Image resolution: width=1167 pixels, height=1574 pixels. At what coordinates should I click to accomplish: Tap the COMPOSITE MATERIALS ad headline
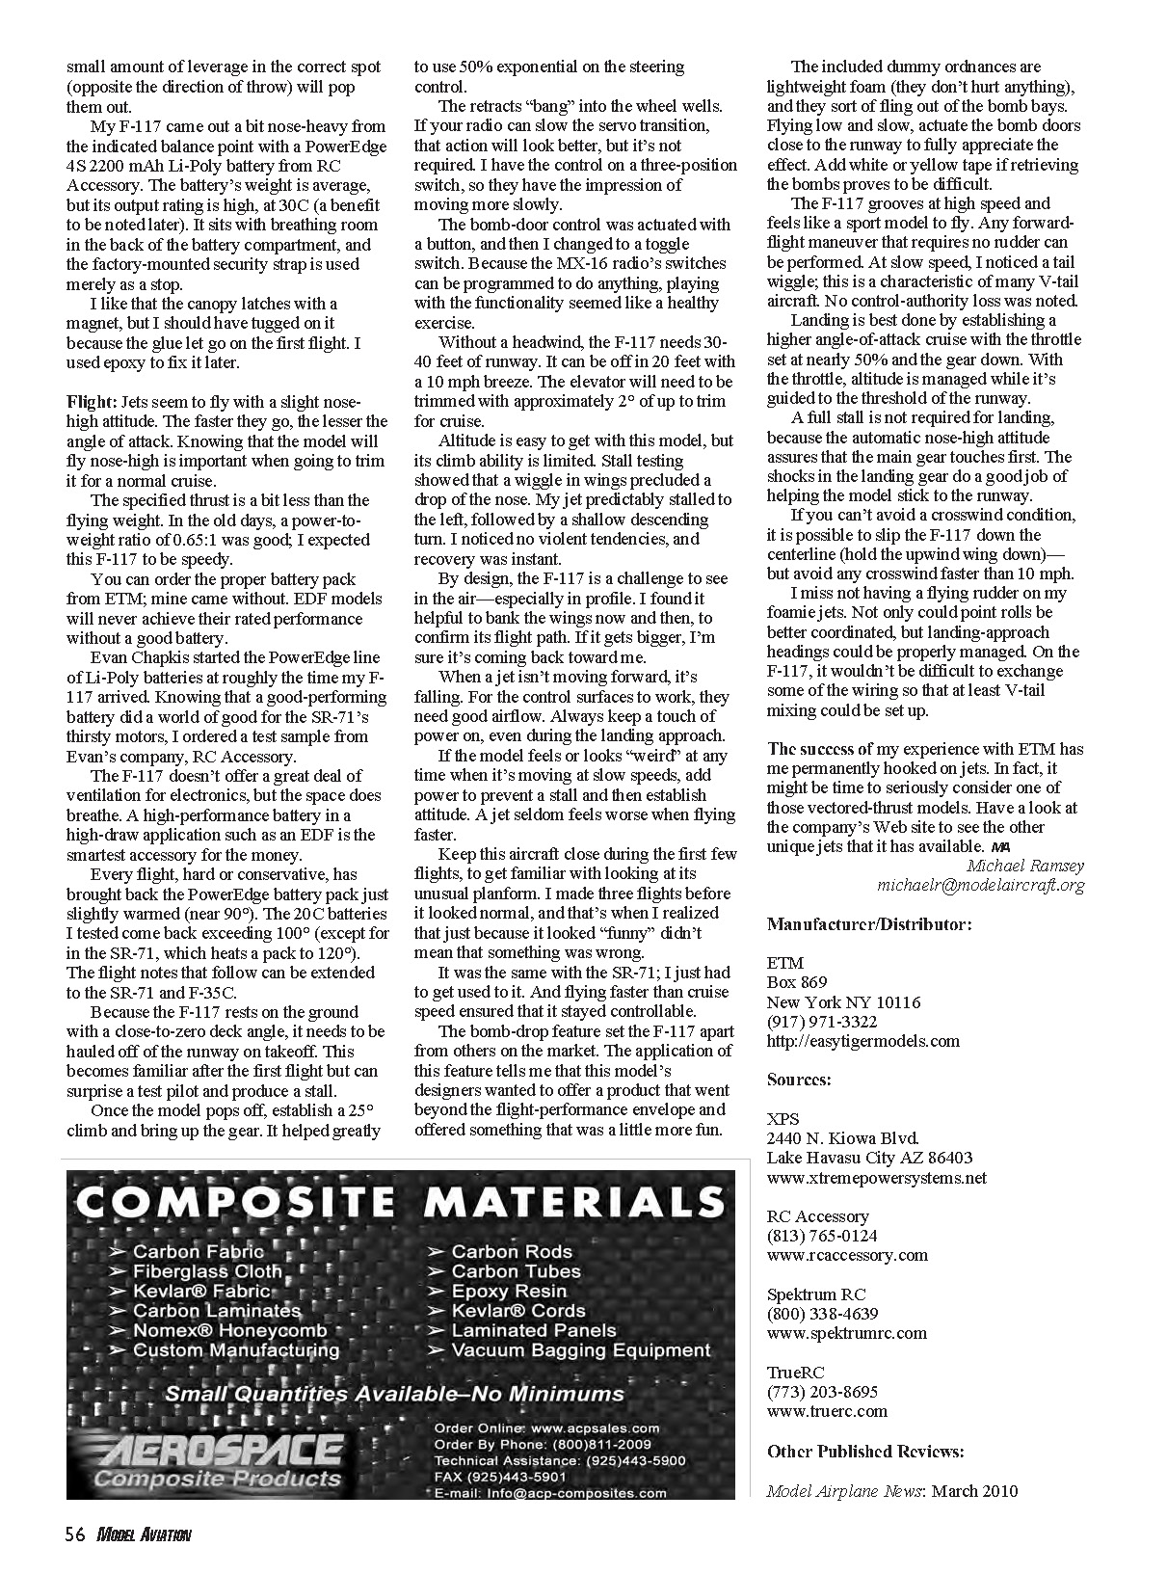(399, 1201)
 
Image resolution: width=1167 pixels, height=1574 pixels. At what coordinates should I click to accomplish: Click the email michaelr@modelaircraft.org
(980, 885)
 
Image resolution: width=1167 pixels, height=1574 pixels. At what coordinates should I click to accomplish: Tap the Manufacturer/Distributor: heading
(869, 924)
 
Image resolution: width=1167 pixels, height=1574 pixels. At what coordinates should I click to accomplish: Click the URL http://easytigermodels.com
(862, 1041)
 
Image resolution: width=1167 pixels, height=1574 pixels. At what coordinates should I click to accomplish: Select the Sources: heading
(799, 1080)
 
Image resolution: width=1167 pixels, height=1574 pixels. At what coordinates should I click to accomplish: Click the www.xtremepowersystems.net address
(876, 1178)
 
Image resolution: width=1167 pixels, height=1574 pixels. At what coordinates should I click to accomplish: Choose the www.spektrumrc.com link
(846, 1333)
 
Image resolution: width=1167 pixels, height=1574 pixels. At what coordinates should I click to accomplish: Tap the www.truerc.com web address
(827, 1411)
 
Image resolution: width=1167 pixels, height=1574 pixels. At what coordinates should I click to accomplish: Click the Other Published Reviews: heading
(865, 1451)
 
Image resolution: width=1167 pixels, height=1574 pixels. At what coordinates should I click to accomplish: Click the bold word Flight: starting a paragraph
(92, 402)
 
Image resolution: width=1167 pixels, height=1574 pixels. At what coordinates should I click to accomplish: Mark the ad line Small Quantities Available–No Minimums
(394, 1394)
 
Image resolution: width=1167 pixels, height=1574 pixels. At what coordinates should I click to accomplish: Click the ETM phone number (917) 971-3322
(822, 1022)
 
